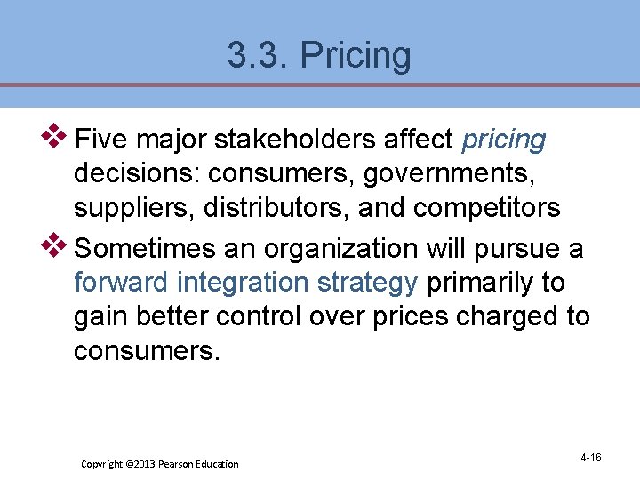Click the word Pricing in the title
pyautogui.click(x=356, y=56)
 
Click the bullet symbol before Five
pyautogui.click(x=57, y=136)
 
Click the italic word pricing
pyautogui.click(x=504, y=140)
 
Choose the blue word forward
pyautogui.click(x=122, y=283)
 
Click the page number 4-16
pyautogui.click(x=590, y=458)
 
